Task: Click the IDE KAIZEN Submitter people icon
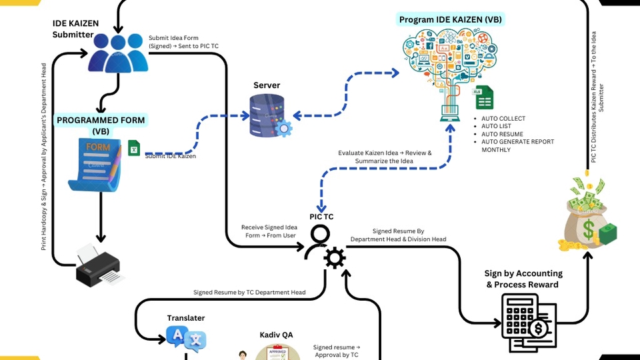pyautogui.click(x=118, y=53)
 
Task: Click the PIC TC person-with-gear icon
pyautogui.click(x=325, y=247)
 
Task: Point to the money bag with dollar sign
pyautogui.click(x=587, y=217)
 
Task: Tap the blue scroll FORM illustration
pyautogui.click(x=97, y=163)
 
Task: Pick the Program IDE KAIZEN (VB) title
pyautogui.click(x=451, y=19)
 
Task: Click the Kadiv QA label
pyautogui.click(x=277, y=334)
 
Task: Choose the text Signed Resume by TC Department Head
pyautogui.click(x=249, y=292)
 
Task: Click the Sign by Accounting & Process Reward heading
pyautogui.click(x=523, y=279)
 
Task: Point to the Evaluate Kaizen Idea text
pyautogui.click(x=385, y=157)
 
